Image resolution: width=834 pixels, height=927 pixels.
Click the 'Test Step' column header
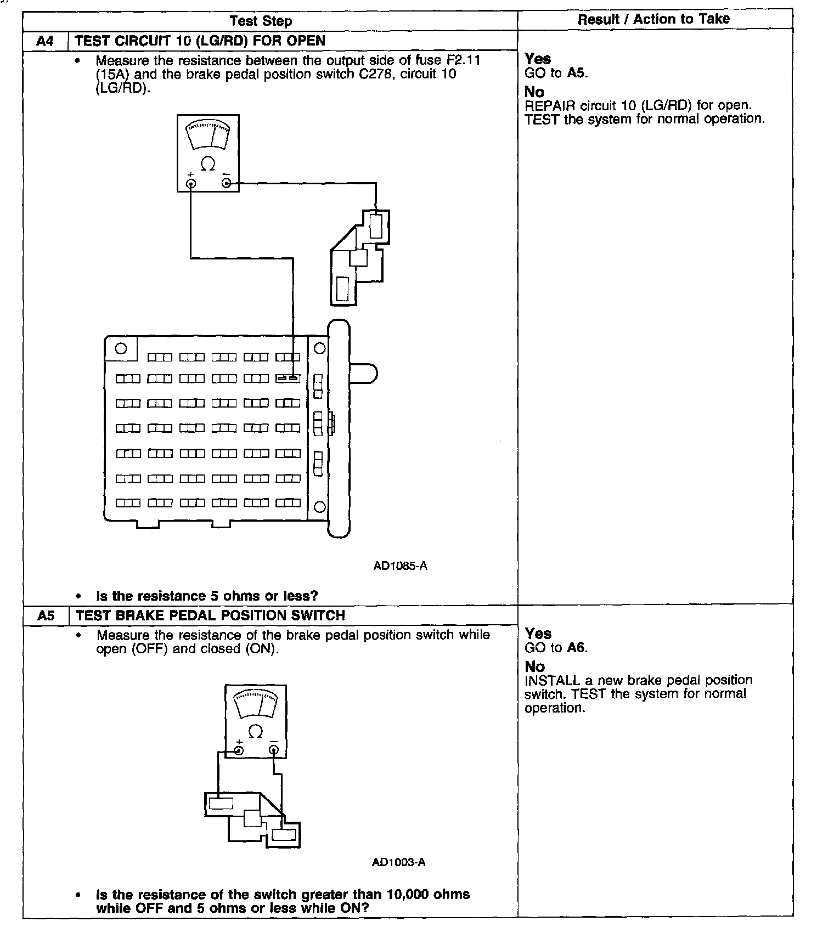261,21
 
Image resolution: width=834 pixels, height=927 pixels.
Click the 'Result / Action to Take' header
653,19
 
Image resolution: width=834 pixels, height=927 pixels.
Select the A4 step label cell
46,41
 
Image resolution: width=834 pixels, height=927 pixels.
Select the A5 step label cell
46,615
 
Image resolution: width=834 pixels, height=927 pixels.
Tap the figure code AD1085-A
400,566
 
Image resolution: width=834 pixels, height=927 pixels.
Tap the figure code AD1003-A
398,862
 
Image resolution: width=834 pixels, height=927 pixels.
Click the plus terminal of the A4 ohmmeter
191,183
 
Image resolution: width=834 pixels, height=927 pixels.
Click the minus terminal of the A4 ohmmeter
226,183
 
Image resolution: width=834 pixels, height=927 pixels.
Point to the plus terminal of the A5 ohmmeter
239,750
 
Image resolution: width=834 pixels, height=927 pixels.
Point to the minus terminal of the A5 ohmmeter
273,750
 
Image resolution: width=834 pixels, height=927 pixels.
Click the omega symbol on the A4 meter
208,163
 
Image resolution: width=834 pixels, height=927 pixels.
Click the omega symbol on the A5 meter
256,731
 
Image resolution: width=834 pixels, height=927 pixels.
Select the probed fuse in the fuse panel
288,378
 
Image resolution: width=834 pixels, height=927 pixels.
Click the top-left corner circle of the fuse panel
121,348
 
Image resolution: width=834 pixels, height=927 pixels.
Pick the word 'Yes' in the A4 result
538,59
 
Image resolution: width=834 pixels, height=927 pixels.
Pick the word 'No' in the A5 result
534,666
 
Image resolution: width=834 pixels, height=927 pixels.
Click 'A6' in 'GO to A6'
576,648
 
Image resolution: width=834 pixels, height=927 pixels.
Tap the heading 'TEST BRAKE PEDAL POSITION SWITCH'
210,615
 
